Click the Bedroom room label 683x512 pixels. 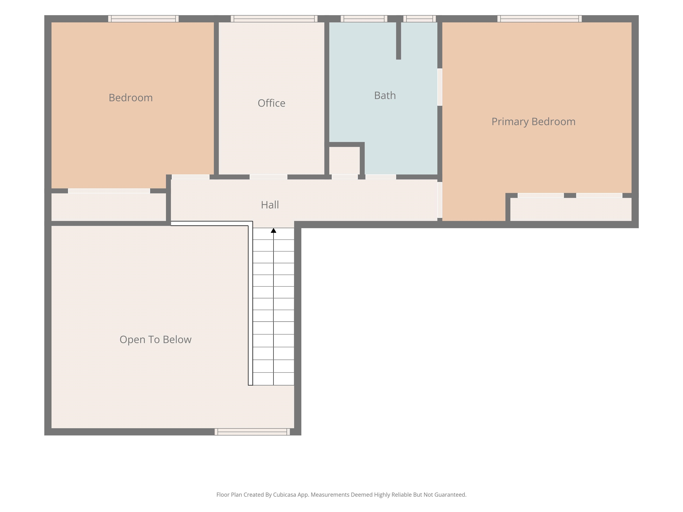131,98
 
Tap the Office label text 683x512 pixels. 271,103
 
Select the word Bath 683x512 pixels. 385,95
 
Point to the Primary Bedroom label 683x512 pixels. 533,122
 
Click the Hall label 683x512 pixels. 270,205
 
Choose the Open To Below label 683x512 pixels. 155,340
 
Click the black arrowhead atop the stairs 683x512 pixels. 273,230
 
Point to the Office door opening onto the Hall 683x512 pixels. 268,177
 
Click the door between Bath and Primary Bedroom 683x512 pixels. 440,87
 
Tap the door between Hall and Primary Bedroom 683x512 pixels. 440,200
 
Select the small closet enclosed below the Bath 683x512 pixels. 344,160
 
